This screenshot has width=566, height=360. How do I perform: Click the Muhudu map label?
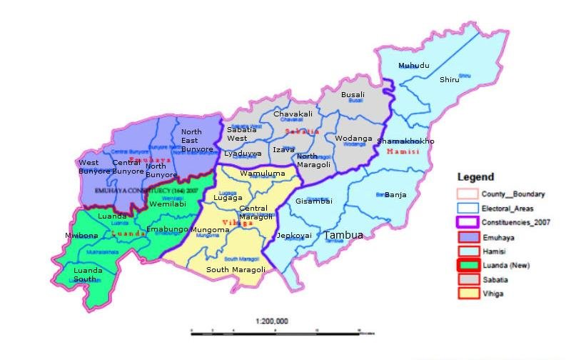414,66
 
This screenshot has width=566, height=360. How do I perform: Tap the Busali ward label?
353,94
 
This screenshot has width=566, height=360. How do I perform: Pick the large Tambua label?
343,234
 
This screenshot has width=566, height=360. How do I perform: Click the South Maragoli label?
236,269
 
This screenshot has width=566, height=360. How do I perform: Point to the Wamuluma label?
243,174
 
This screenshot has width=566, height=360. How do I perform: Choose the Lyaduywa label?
243,153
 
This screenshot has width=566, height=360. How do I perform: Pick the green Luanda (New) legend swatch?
468,266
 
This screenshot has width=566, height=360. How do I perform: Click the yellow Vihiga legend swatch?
468,294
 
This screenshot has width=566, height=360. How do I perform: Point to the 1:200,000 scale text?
271,321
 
